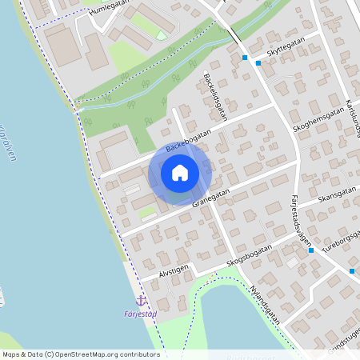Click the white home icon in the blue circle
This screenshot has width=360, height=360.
point(180,173)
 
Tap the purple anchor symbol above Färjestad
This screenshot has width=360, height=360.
point(142,301)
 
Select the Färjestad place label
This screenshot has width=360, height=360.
point(142,314)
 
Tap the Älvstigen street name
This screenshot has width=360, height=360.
point(174,271)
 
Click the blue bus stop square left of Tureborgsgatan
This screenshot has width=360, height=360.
point(311,250)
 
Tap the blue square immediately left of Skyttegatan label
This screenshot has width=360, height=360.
point(258,63)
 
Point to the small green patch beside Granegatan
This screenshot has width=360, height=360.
point(148,213)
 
